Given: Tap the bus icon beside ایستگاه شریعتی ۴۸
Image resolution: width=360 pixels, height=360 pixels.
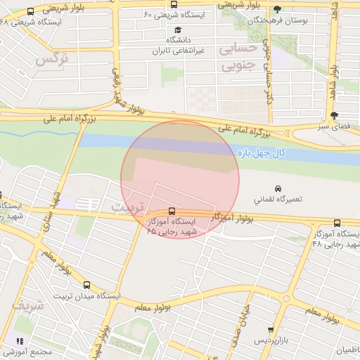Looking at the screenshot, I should click(x=30, y=12).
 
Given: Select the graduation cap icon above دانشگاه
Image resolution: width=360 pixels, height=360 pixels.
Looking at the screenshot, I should click(x=179, y=31).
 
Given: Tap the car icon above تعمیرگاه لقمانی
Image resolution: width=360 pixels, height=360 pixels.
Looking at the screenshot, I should click(x=279, y=188).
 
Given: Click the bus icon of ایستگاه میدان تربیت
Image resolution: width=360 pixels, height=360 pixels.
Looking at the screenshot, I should click(x=87, y=285).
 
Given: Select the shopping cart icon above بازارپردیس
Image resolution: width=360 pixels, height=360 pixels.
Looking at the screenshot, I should click(x=271, y=330).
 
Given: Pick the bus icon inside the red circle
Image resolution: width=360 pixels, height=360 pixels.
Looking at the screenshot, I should click(x=172, y=211).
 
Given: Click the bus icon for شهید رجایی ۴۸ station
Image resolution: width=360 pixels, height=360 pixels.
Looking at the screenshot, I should click(x=337, y=223).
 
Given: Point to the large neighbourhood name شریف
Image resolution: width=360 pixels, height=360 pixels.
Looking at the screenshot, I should click(x=28, y=307).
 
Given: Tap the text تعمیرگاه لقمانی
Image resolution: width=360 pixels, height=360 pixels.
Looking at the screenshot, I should click(x=279, y=200).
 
